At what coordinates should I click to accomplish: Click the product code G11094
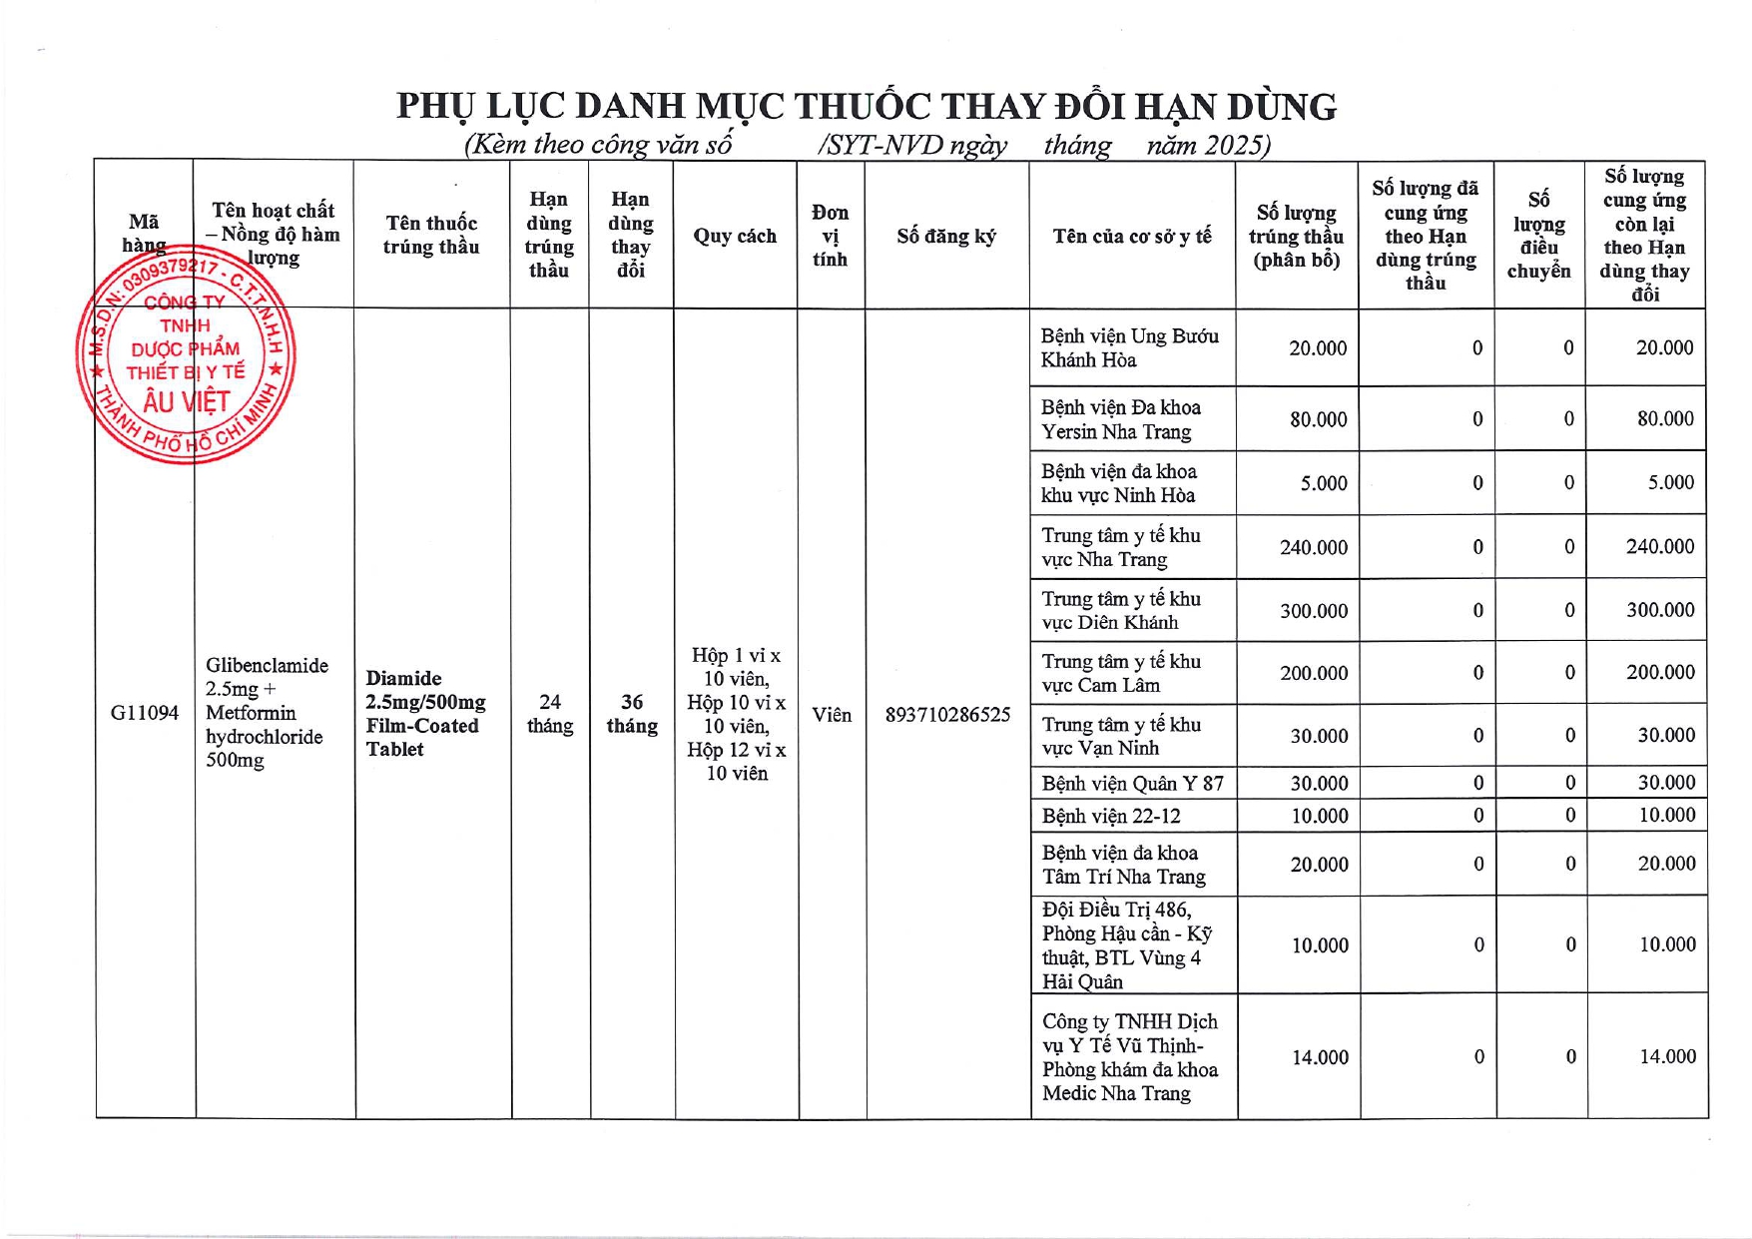coord(145,713)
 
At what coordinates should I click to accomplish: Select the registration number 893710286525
coord(947,715)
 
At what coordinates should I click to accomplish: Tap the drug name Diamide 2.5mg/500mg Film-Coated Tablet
coord(425,714)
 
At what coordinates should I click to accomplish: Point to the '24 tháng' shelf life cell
coord(550,714)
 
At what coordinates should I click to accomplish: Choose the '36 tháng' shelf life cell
coord(632,714)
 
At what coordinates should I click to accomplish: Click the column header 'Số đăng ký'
coord(945,237)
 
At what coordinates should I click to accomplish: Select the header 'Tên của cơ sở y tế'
coord(1132,237)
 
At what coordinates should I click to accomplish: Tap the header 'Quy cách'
coord(735,237)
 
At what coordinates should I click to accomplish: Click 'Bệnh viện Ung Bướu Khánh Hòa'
coord(1129,348)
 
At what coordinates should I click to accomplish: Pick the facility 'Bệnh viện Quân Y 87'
coord(1132,784)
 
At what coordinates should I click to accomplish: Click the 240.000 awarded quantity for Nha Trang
coord(1313,548)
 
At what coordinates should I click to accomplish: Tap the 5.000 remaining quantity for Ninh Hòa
coord(1670,483)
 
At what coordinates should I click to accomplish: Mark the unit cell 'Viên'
coord(832,715)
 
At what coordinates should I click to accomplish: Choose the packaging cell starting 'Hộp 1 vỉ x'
coord(737,714)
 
